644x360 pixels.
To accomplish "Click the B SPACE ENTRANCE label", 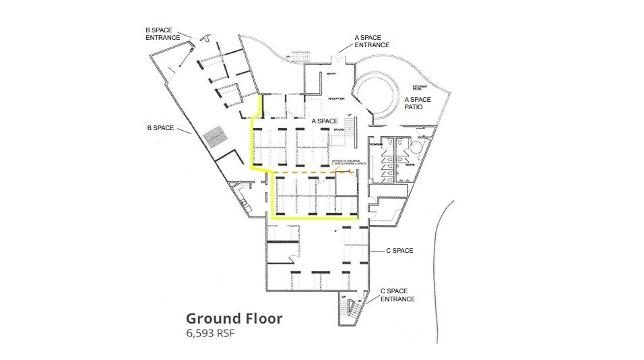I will [x=163, y=34].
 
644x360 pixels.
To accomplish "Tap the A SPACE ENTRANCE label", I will [x=372, y=41].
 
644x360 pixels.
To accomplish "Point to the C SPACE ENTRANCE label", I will [x=397, y=295].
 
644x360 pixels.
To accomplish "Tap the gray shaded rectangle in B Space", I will [x=216, y=136].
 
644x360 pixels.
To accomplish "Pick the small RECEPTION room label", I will [x=336, y=98].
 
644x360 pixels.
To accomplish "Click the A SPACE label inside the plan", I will [x=325, y=121].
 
